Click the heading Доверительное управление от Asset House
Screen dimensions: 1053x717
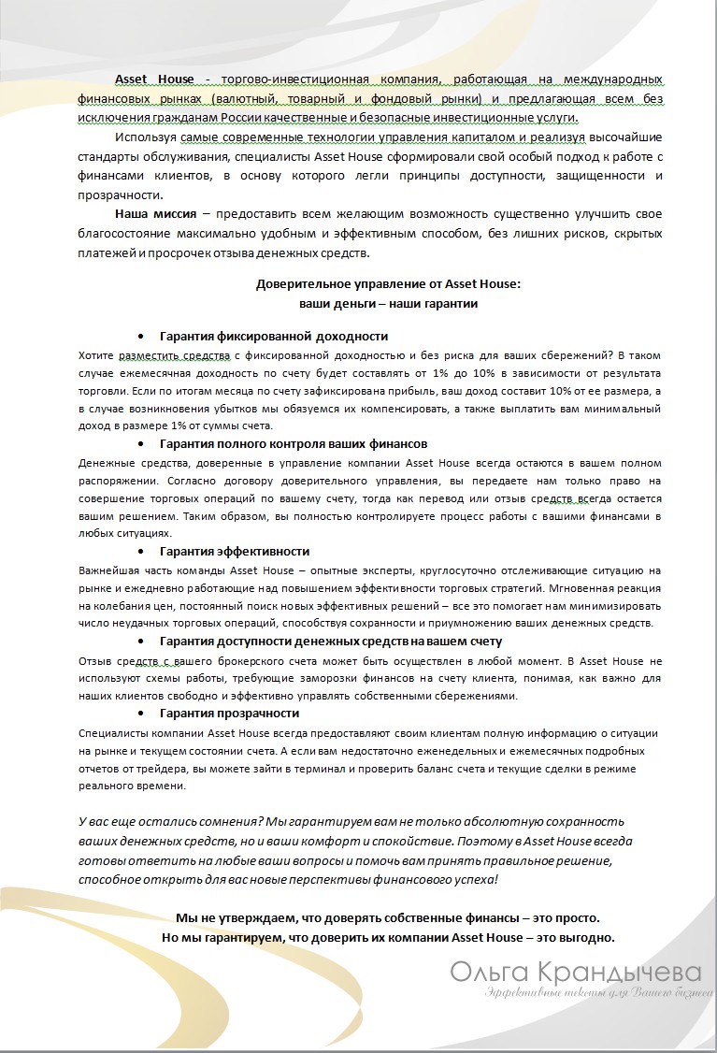388,284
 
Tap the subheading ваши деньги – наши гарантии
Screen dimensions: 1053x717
388,303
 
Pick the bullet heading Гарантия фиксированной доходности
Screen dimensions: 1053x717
273,336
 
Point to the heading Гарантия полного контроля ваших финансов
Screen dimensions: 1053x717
294,443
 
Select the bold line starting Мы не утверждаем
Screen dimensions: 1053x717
388,918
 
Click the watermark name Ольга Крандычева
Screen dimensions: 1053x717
575,972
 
